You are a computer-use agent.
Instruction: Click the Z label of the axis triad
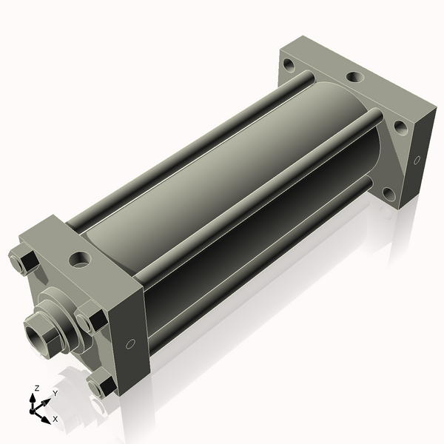pyautogui.click(x=36, y=388)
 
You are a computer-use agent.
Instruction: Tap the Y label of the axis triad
pyautogui.click(x=55, y=394)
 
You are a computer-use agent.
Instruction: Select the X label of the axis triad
pyautogui.click(x=55, y=419)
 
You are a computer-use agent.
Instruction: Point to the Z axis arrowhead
pyautogui.click(x=33, y=398)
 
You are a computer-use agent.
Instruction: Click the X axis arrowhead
pyautogui.click(x=46, y=420)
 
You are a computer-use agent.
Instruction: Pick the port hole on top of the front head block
pyautogui.click(x=81, y=259)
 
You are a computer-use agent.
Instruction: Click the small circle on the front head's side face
pyautogui.click(x=130, y=344)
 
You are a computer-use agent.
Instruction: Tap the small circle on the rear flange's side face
pyautogui.click(x=417, y=161)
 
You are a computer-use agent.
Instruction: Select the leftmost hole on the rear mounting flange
pyautogui.click(x=289, y=64)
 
